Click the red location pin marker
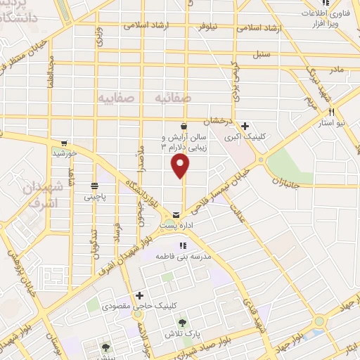(181, 167)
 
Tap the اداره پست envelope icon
(175, 214)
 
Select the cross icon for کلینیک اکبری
(244, 126)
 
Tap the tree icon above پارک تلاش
(182, 323)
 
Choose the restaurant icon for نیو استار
(331, 112)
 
